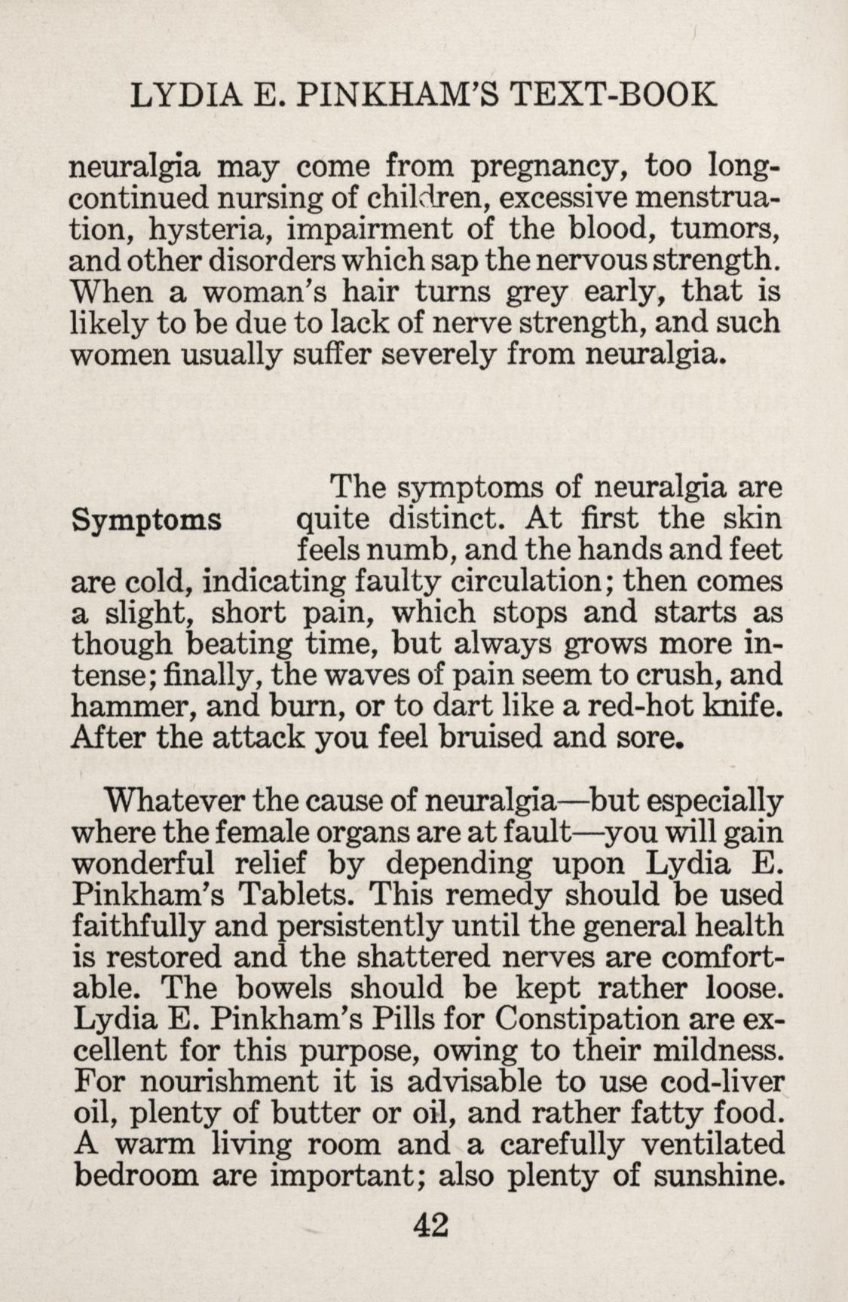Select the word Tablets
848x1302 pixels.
(293, 895)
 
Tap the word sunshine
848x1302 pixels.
(718, 1176)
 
